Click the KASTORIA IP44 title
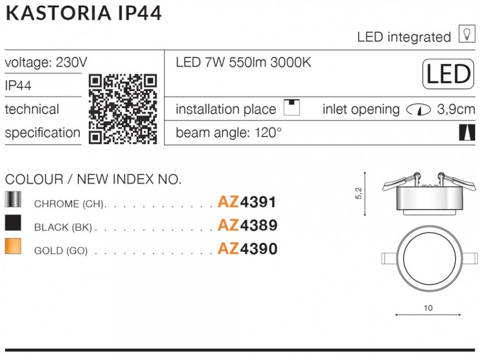point(84,13)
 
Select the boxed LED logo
point(448,74)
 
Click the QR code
point(123,109)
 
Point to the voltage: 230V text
point(46,62)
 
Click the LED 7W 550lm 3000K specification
point(243,62)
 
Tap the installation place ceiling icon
point(292,108)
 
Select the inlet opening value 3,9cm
point(456,109)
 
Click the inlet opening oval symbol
point(418,110)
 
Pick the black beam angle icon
point(467,132)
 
